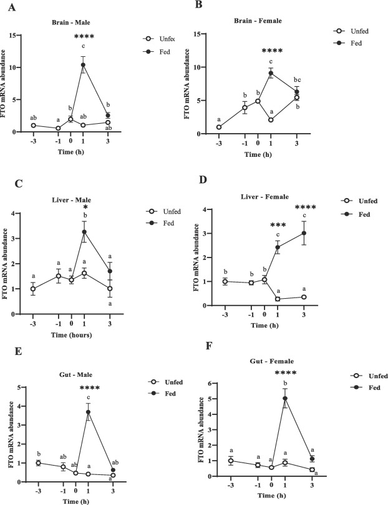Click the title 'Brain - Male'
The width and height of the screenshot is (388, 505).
click(x=74, y=22)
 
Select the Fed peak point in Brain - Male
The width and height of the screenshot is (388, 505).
click(x=100, y=65)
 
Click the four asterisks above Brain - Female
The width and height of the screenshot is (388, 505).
click(x=272, y=51)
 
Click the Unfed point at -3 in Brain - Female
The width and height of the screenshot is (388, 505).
click(x=219, y=127)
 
